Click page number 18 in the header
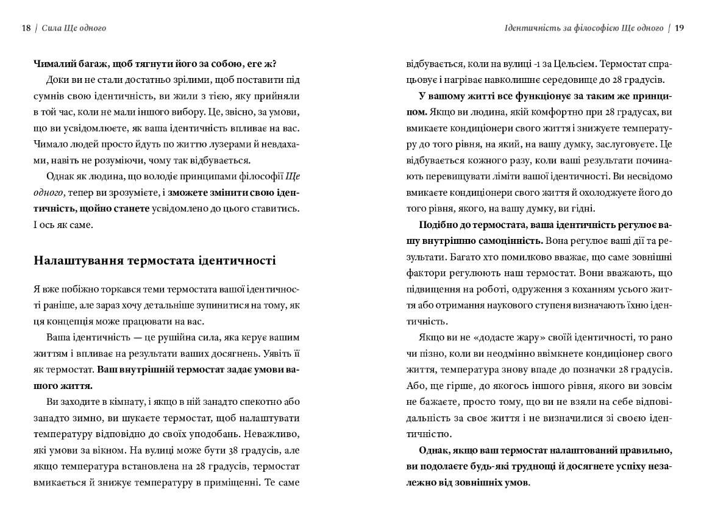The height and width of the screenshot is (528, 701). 26,28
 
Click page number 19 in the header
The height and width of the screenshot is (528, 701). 680,28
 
